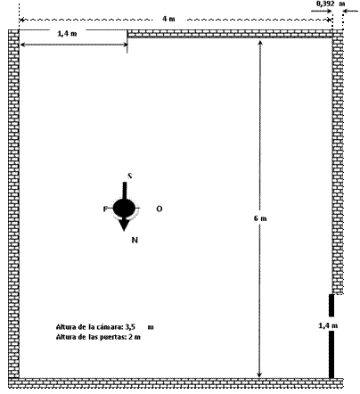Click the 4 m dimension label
pyautogui.click(x=168, y=19)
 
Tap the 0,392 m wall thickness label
pyautogui.click(x=331, y=4)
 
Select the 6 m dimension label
pyautogui.click(x=260, y=218)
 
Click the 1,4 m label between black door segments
pyautogui.click(x=328, y=325)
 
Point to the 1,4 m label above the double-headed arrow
pyautogui.click(x=67, y=34)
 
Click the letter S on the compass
pyautogui.click(x=130, y=176)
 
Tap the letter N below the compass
pyautogui.click(x=135, y=240)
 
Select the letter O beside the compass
pyautogui.click(x=160, y=209)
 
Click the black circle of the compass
pyautogui.click(x=124, y=208)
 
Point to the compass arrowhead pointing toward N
pyautogui.click(x=124, y=225)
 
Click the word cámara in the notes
pyautogui.click(x=110, y=327)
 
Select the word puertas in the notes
pyautogui.click(x=114, y=337)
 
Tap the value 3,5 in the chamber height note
pyautogui.click(x=130, y=327)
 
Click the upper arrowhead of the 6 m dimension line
pyautogui.click(x=260, y=43)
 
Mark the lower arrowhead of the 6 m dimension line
pyautogui.click(x=259, y=375)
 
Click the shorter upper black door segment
pyautogui.click(x=331, y=305)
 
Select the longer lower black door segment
pyautogui.click(x=331, y=355)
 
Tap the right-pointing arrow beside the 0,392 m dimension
pyautogui.click(x=322, y=12)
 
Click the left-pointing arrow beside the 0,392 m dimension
pyautogui.click(x=350, y=12)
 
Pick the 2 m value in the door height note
pyautogui.click(x=135, y=337)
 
